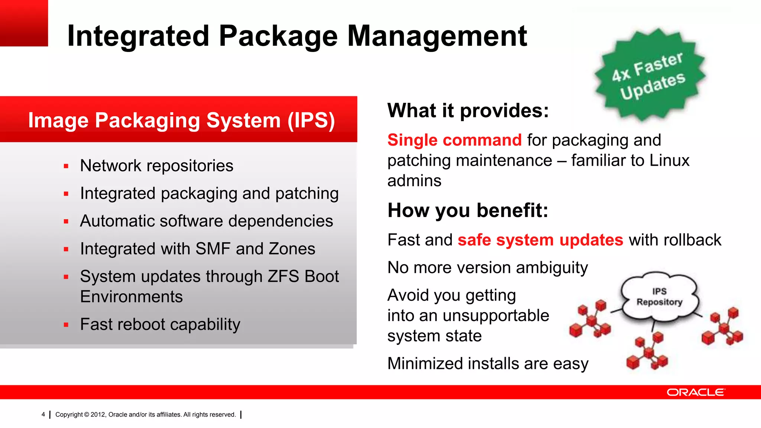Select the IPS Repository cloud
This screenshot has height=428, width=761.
pyautogui.click(x=660, y=296)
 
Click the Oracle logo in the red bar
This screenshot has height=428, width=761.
pyautogui.click(x=696, y=392)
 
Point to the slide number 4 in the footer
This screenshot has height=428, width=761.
pyautogui.click(x=43, y=415)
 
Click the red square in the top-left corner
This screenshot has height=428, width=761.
pyautogui.click(x=24, y=23)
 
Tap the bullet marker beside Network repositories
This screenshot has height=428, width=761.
pyautogui.click(x=66, y=166)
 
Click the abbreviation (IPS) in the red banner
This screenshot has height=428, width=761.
pyautogui.click(x=311, y=120)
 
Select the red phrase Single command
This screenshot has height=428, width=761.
pyautogui.click(x=454, y=140)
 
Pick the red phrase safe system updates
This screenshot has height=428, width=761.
pyautogui.click(x=540, y=240)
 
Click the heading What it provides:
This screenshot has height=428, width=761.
pyautogui.click(x=468, y=111)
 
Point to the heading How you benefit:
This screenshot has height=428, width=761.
pyautogui.click(x=468, y=210)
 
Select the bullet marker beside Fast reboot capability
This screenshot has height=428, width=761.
pyautogui.click(x=66, y=325)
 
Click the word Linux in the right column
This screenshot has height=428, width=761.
pyautogui.click(x=669, y=160)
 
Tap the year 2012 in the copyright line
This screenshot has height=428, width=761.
pyautogui.click(x=98, y=415)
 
